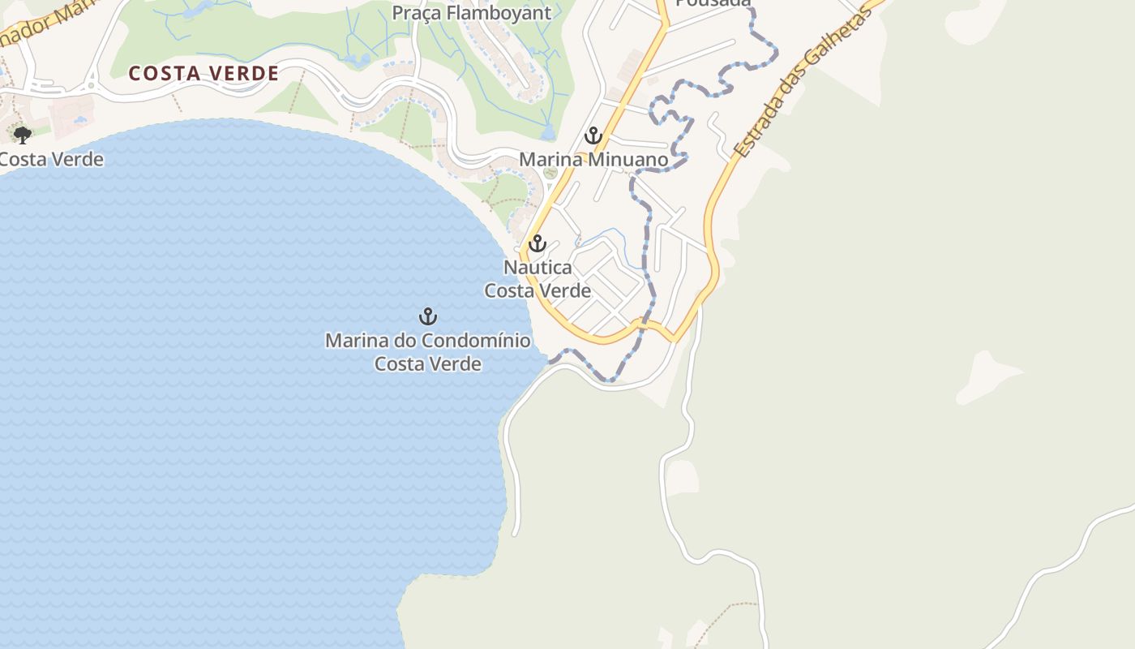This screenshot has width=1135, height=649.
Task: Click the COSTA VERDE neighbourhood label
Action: (x=203, y=74)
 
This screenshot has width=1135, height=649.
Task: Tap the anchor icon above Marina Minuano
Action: (x=593, y=135)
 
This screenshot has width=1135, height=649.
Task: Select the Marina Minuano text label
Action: (x=593, y=160)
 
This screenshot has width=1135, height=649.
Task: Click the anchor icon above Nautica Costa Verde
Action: (x=537, y=243)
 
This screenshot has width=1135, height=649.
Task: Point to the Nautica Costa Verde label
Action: (x=538, y=278)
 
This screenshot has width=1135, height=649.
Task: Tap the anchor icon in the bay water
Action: (x=427, y=316)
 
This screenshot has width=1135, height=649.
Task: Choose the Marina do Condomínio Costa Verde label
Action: (x=427, y=352)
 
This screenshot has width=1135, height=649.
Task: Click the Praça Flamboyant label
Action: (x=471, y=13)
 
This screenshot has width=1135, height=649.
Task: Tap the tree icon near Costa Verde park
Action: (x=23, y=135)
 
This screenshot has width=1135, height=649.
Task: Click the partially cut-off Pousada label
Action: (x=713, y=3)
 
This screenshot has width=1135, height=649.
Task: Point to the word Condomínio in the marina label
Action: (x=475, y=341)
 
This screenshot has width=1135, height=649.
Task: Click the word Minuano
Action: (x=628, y=160)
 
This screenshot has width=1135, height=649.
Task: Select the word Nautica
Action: (x=538, y=267)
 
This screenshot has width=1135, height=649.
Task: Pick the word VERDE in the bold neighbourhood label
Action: (x=243, y=74)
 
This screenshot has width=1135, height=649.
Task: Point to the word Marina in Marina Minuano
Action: (x=551, y=160)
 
